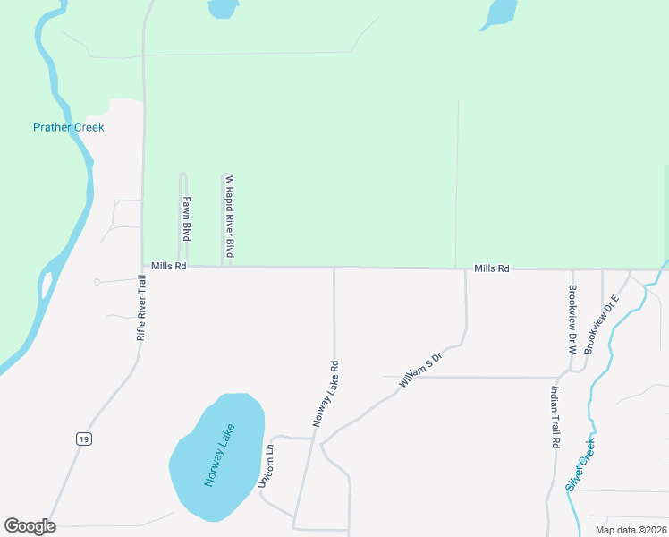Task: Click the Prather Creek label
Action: pyautogui.click(x=69, y=127)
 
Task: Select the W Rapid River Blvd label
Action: pyautogui.click(x=229, y=217)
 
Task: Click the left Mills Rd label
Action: pyautogui.click(x=168, y=267)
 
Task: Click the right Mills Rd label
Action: pyautogui.click(x=492, y=268)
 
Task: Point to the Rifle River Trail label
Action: pyautogui.click(x=140, y=307)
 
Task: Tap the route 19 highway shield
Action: pyautogui.click(x=83, y=439)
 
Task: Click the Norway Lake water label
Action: pyautogui.click(x=219, y=454)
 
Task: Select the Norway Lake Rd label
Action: pyautogui.click(x=326, y=393)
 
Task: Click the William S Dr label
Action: pyautogui.click(x=420, y=370)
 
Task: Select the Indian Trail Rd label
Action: pyautogui.click(x=555, y=417)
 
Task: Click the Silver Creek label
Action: pyautogui.click(x=580, y=464)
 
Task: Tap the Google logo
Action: pyautogui.click(x=30, y=526)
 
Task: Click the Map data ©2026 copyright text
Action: pyautogui.click(x=630, y=530)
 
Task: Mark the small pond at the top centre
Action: pyautogui.click(x=222, y=8)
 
